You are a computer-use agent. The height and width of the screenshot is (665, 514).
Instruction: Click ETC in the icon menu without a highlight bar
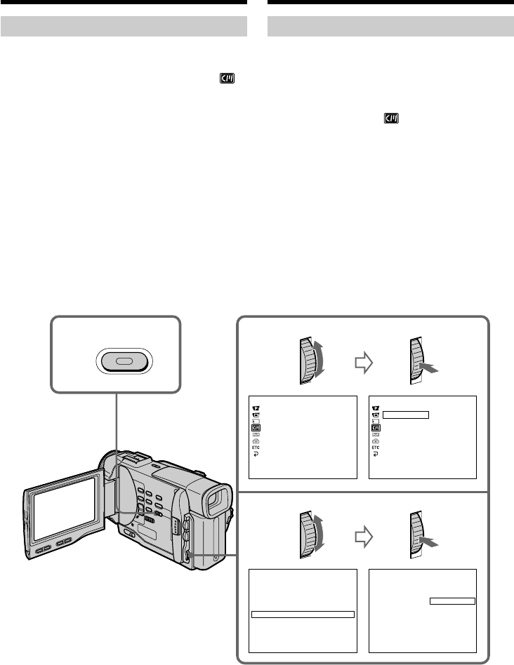coord(256,447)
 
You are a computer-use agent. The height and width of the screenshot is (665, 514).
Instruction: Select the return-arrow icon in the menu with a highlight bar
coord(376,454)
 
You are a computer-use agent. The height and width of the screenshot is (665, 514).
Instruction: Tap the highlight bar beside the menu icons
coord(406,415)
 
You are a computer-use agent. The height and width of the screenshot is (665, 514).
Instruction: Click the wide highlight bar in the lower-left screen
coord(303,614)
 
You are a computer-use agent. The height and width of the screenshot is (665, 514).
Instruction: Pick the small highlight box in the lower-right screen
coord(452,600)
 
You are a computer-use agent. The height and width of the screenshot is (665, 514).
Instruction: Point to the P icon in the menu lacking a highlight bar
coord(256,407)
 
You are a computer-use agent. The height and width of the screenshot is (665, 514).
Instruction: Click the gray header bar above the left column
coord(124,27)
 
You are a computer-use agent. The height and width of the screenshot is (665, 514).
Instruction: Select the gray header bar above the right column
coord(391,27)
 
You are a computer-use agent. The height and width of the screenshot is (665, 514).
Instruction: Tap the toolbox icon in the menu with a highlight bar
coord(376,441)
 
